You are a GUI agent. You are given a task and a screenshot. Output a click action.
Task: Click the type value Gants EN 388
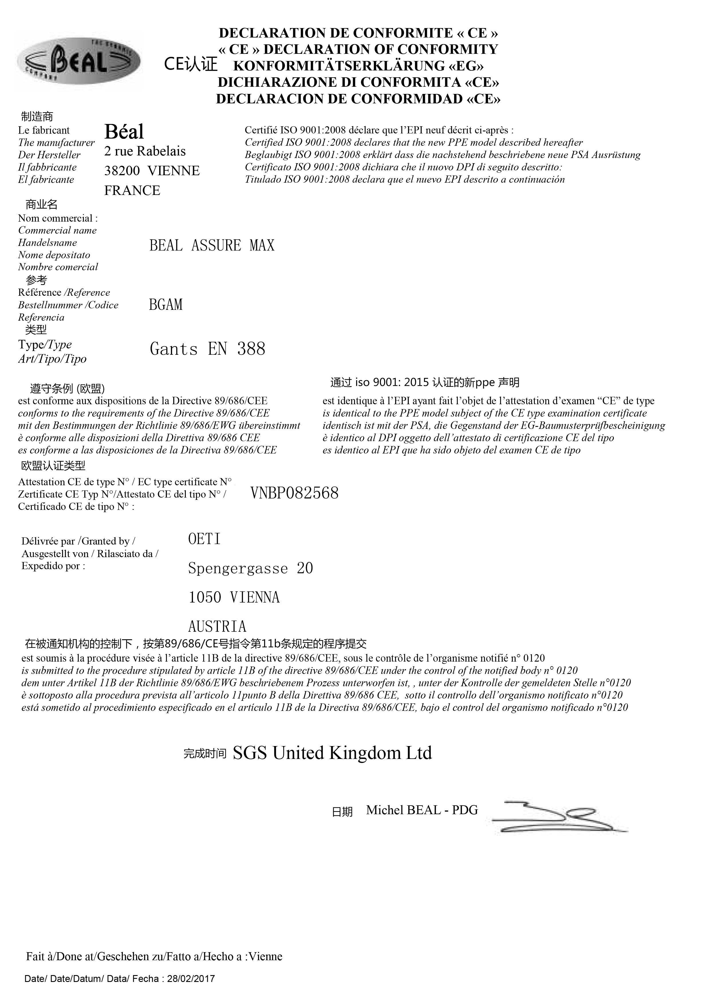[207, 349]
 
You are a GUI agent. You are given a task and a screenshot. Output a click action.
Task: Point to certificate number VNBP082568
[294, 494]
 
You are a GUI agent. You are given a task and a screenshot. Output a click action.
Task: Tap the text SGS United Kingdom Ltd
[332, 753]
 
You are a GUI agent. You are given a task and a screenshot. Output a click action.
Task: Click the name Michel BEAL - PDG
[422, 810]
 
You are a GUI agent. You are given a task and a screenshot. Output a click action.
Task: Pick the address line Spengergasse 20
[251, 569]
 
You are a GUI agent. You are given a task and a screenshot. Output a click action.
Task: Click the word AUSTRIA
[217, 627]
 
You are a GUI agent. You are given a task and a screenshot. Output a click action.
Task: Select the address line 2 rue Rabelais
[145, 151]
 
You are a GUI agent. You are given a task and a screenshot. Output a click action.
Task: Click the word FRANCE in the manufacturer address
[132, 191]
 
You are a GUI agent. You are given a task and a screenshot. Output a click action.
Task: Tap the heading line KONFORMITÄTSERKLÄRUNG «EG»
[358, 66]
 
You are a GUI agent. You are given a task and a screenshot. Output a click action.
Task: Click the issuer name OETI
[204, 539]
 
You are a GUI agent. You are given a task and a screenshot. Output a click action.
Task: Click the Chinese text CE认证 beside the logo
[191, 65]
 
